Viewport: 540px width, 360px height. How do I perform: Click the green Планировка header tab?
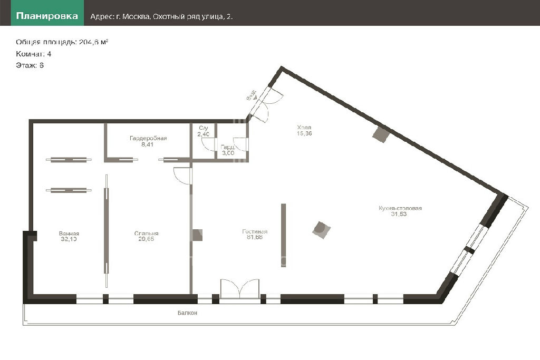[x=47, y=16]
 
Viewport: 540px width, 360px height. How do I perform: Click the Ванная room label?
[x=69, y=233]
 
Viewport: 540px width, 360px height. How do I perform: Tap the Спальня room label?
[x=146, y=233]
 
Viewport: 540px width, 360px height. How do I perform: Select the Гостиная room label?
[x=255, y=231]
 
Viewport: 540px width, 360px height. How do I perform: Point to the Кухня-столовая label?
[x=400, y=208]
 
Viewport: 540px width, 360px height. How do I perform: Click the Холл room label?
[x=304, y=128]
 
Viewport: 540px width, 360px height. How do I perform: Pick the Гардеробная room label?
[x=148, y=138]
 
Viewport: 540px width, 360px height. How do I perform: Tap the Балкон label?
[x=187, y=313]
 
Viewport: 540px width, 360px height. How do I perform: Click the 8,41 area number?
[x=148, y=144]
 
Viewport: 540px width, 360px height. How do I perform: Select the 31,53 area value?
[x=399, y=214]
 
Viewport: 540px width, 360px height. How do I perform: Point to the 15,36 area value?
[x=304, y=133]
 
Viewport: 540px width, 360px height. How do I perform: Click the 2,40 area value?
[x=203, y=134]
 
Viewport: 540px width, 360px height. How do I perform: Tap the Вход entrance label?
[x=252, y=95]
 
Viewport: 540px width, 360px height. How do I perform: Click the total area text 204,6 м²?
[x=94, y=42]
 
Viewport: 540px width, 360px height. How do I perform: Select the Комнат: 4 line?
[x=33, y=54]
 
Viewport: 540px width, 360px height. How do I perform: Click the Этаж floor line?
[x=30, y=65]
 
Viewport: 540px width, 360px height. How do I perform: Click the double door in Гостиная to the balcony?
[x=240, y=288]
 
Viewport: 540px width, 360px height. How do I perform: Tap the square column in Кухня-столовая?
[x=321, y=230]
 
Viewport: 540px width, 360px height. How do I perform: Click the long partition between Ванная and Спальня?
[x=107, y=231]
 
